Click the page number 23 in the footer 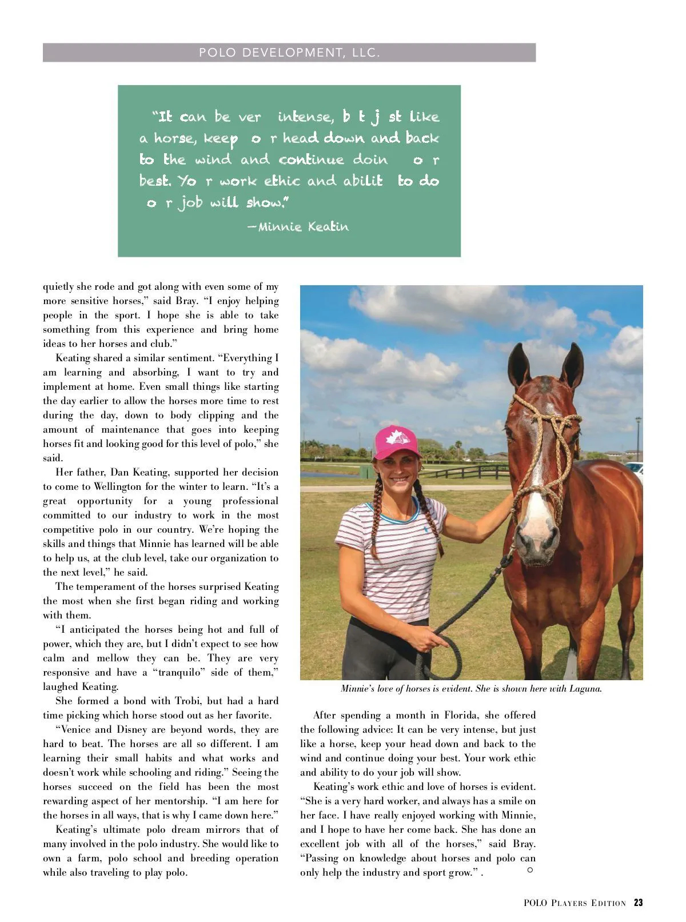click(638, 903)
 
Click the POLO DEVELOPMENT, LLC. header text click(289, 53)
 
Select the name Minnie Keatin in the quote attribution click(302, 227)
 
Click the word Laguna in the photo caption click(585, 689)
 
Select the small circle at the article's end click(530, 869)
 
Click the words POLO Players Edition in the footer click(575, 903)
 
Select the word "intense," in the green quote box click(305, 117)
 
